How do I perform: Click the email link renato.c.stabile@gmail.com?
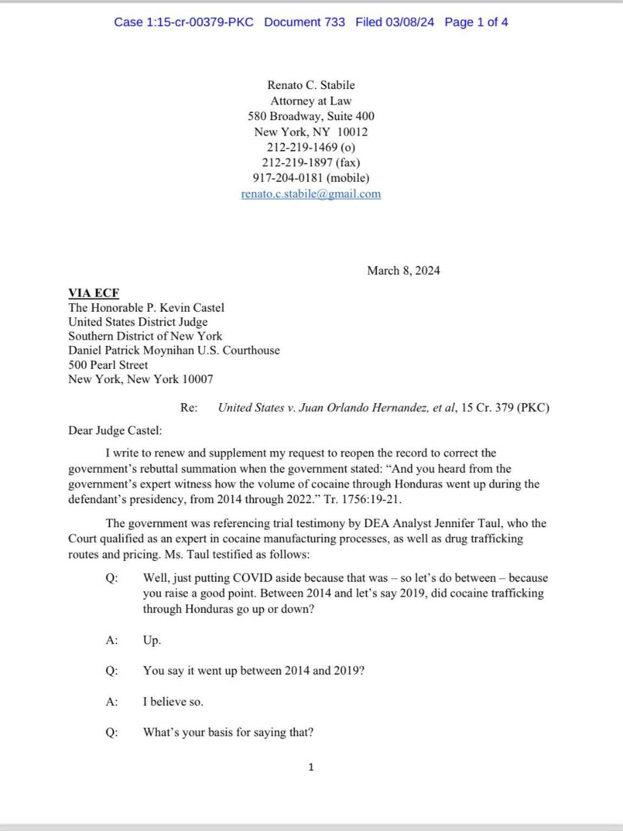click(311, 193)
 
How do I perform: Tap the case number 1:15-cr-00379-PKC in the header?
click(184, 22)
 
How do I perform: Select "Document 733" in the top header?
click(304, 22)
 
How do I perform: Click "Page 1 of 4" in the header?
click(476, 22)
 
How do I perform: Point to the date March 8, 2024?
click(403, 271)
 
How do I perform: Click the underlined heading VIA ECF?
click(94, 293)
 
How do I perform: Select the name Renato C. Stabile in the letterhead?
click(311, 85)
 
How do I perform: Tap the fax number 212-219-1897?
click(298, 162)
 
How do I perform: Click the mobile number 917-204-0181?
click(287, 178)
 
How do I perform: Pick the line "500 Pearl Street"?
click(108, 365)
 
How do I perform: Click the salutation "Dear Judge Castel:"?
click(115, 430)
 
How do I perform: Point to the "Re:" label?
click(189, 408)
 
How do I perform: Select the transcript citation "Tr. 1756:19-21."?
click(367, 500)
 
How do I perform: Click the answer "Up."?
click(152, 640)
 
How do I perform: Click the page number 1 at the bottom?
click(311, 767)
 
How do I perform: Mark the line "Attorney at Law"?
click(311, 101)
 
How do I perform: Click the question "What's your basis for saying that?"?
click(228, 732)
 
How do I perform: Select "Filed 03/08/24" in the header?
click(395, 22)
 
